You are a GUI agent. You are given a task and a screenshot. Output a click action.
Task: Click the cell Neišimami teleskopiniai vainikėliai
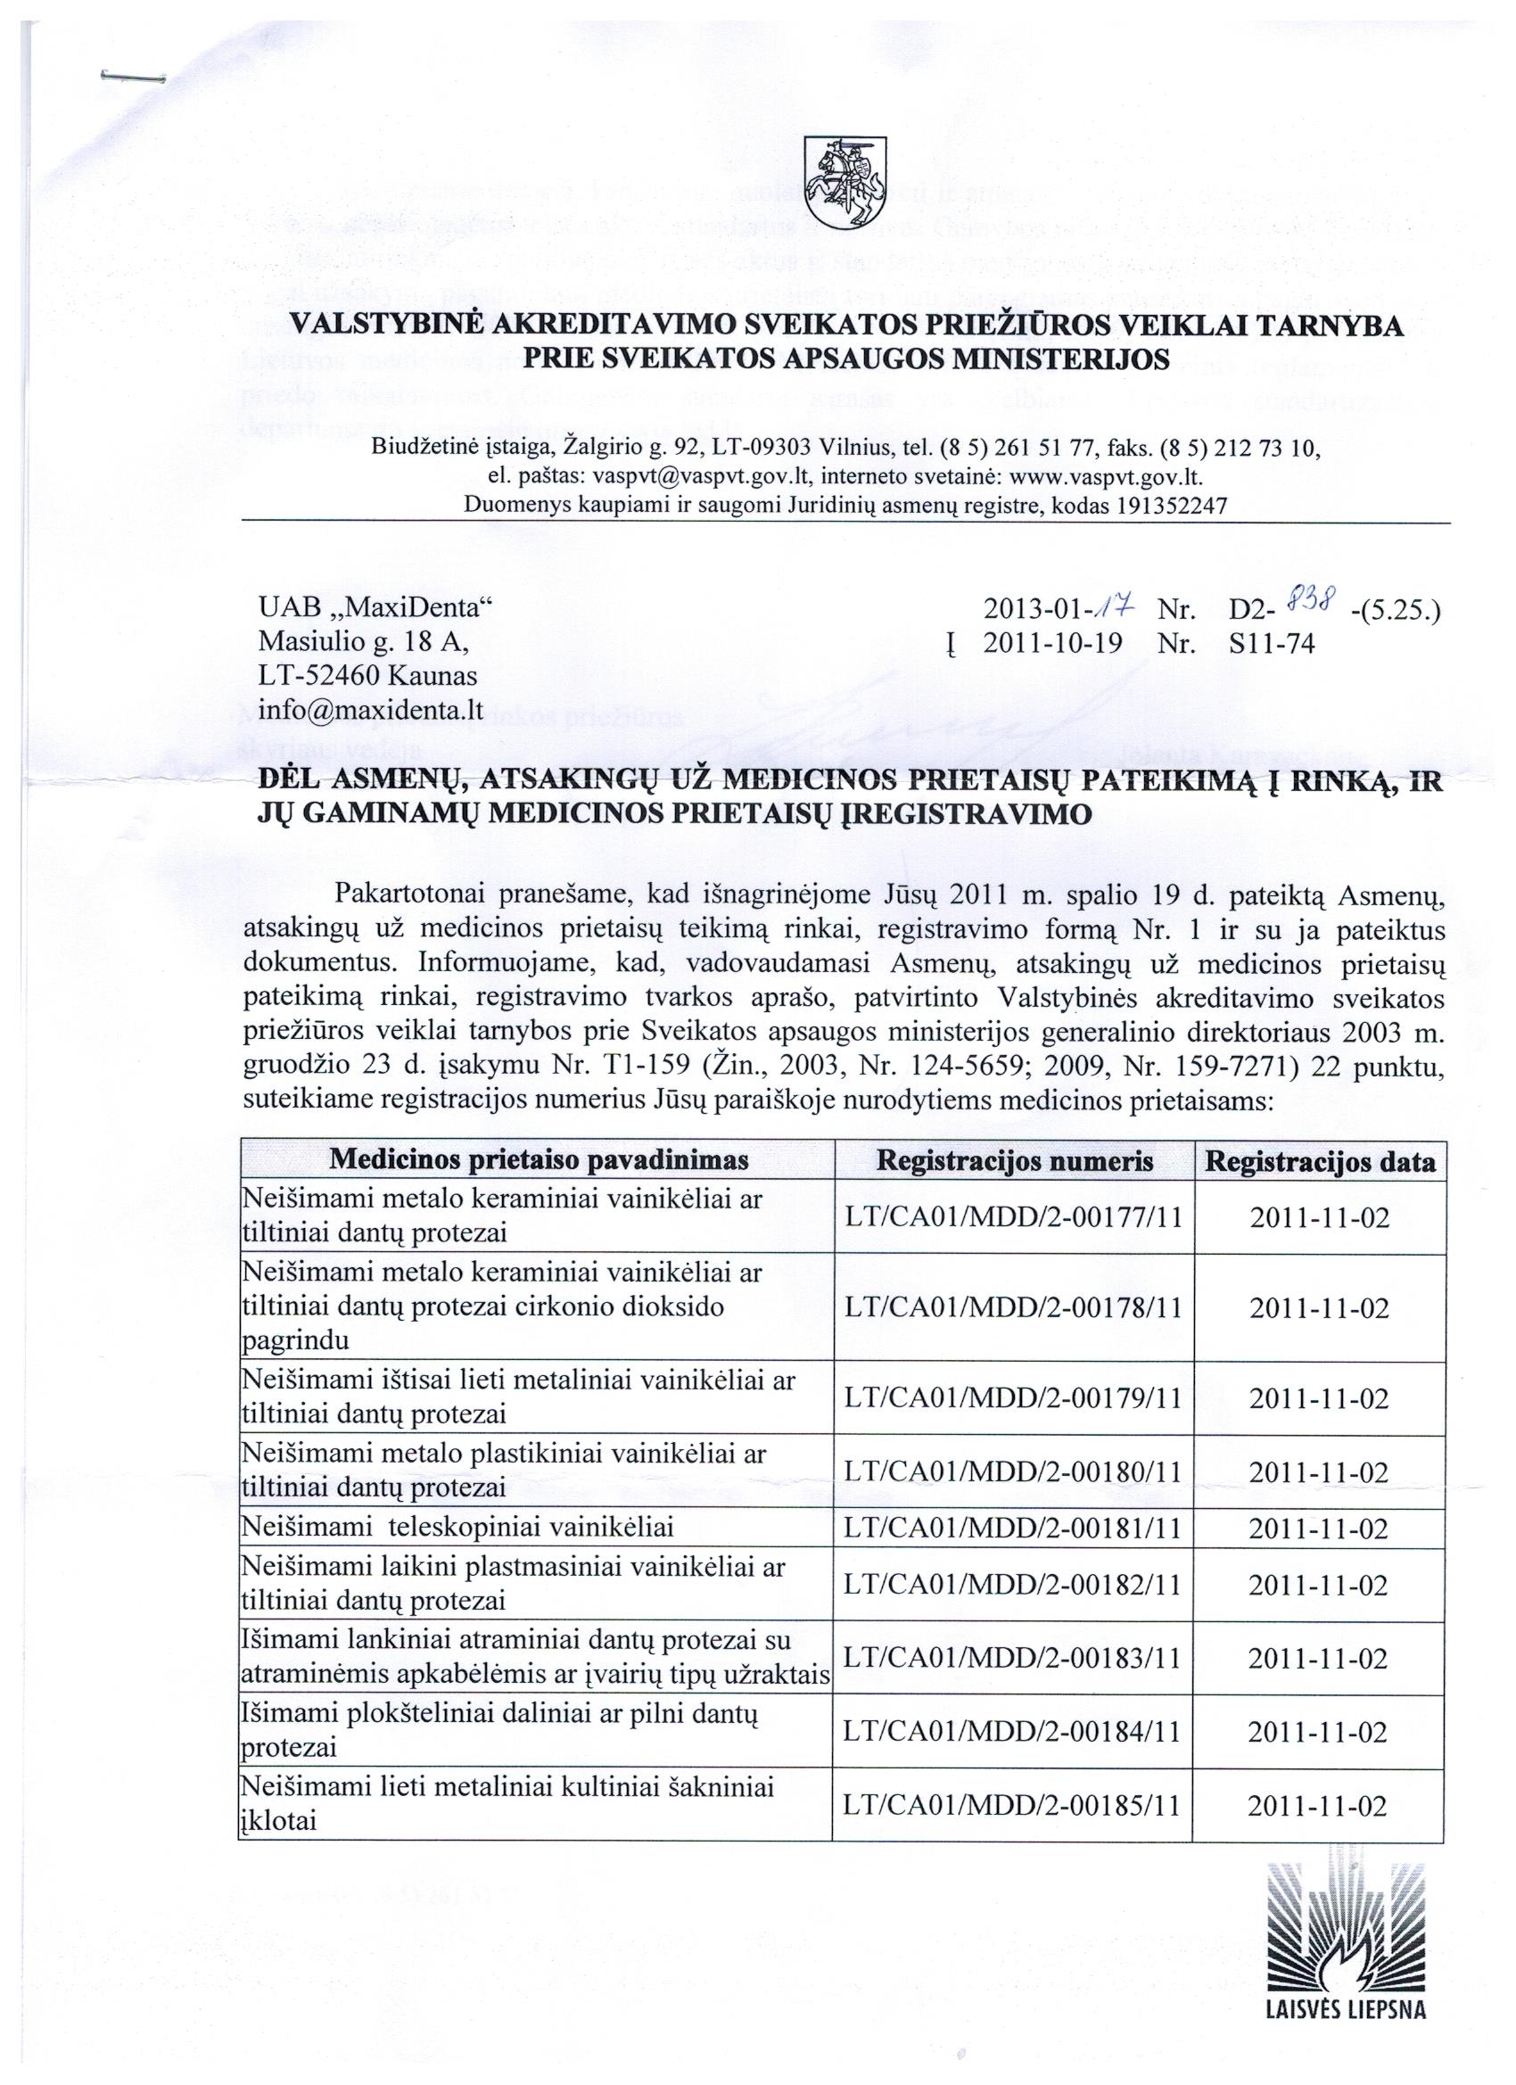point(457,1528)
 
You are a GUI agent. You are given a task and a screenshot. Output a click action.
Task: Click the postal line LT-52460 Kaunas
point(367,676)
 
